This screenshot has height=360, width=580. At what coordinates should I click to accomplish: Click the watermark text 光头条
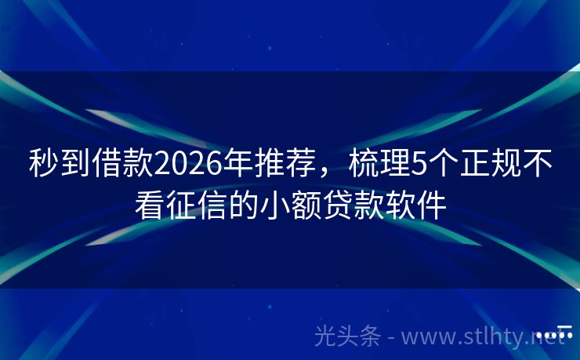click(347, 337)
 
